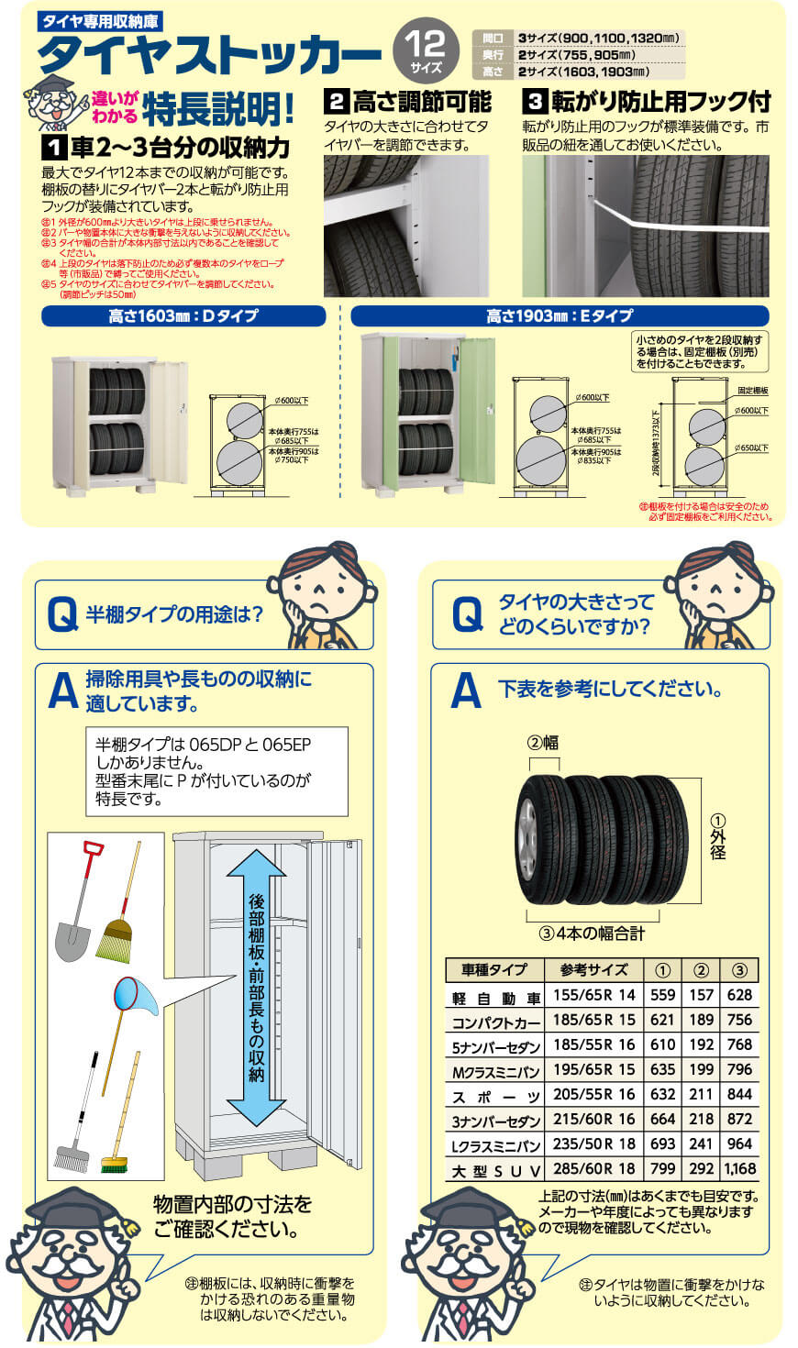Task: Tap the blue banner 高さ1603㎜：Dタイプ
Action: click(x=183, y=316)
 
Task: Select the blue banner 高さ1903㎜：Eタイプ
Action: click(x=560, y=316)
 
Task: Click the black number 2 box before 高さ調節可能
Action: click(x=337, y=101)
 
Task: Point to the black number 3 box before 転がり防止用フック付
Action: click(x=535, y=101)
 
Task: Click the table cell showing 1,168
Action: click(x=739, y=1169)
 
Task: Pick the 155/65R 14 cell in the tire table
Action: click(x=593, y=995)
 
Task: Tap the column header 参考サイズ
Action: click(x=593, y=969)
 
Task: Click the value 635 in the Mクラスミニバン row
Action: click(x=662, y=1069)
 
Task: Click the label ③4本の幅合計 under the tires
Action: click(x=592, y=934)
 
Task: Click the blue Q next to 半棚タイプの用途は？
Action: click(x=62, y=615)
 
